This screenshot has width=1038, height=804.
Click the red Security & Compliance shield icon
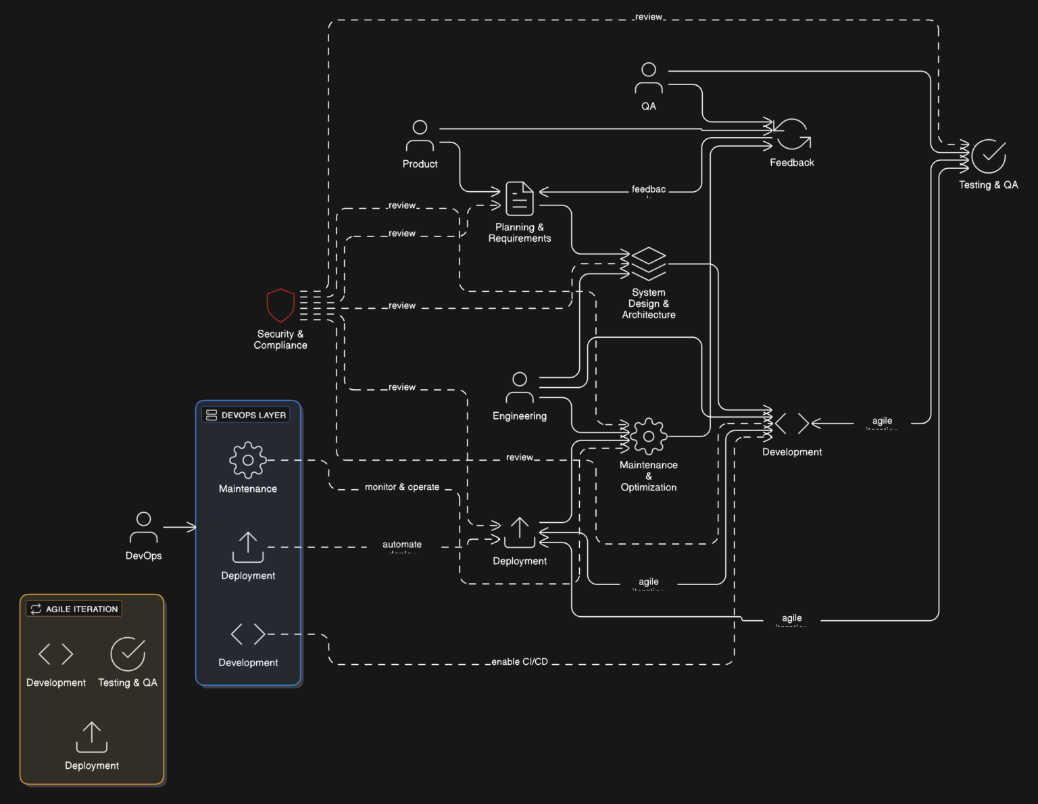280,305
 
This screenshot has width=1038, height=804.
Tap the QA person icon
648,78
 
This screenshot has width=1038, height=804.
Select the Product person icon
420,135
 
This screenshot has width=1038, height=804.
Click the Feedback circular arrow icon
791,134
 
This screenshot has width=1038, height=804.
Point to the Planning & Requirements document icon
519,198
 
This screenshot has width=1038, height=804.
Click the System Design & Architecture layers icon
648,263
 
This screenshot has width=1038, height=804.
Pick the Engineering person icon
519,387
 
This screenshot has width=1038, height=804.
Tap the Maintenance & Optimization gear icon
648,436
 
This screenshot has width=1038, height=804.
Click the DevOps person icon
143,528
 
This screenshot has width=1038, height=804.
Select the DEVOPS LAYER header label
246,415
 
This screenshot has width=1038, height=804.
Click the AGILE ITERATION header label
74,609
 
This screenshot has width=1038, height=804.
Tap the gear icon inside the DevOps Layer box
248,460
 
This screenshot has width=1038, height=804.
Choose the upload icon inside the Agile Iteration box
92,737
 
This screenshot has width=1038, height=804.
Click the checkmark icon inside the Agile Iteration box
128,653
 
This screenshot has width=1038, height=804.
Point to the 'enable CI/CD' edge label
519,661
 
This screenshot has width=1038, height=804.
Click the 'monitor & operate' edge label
401,487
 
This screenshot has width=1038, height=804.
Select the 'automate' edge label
401,545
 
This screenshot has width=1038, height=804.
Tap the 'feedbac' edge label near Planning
648,190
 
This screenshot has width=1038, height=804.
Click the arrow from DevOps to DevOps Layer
179,527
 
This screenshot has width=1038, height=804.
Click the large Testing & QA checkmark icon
988,156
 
